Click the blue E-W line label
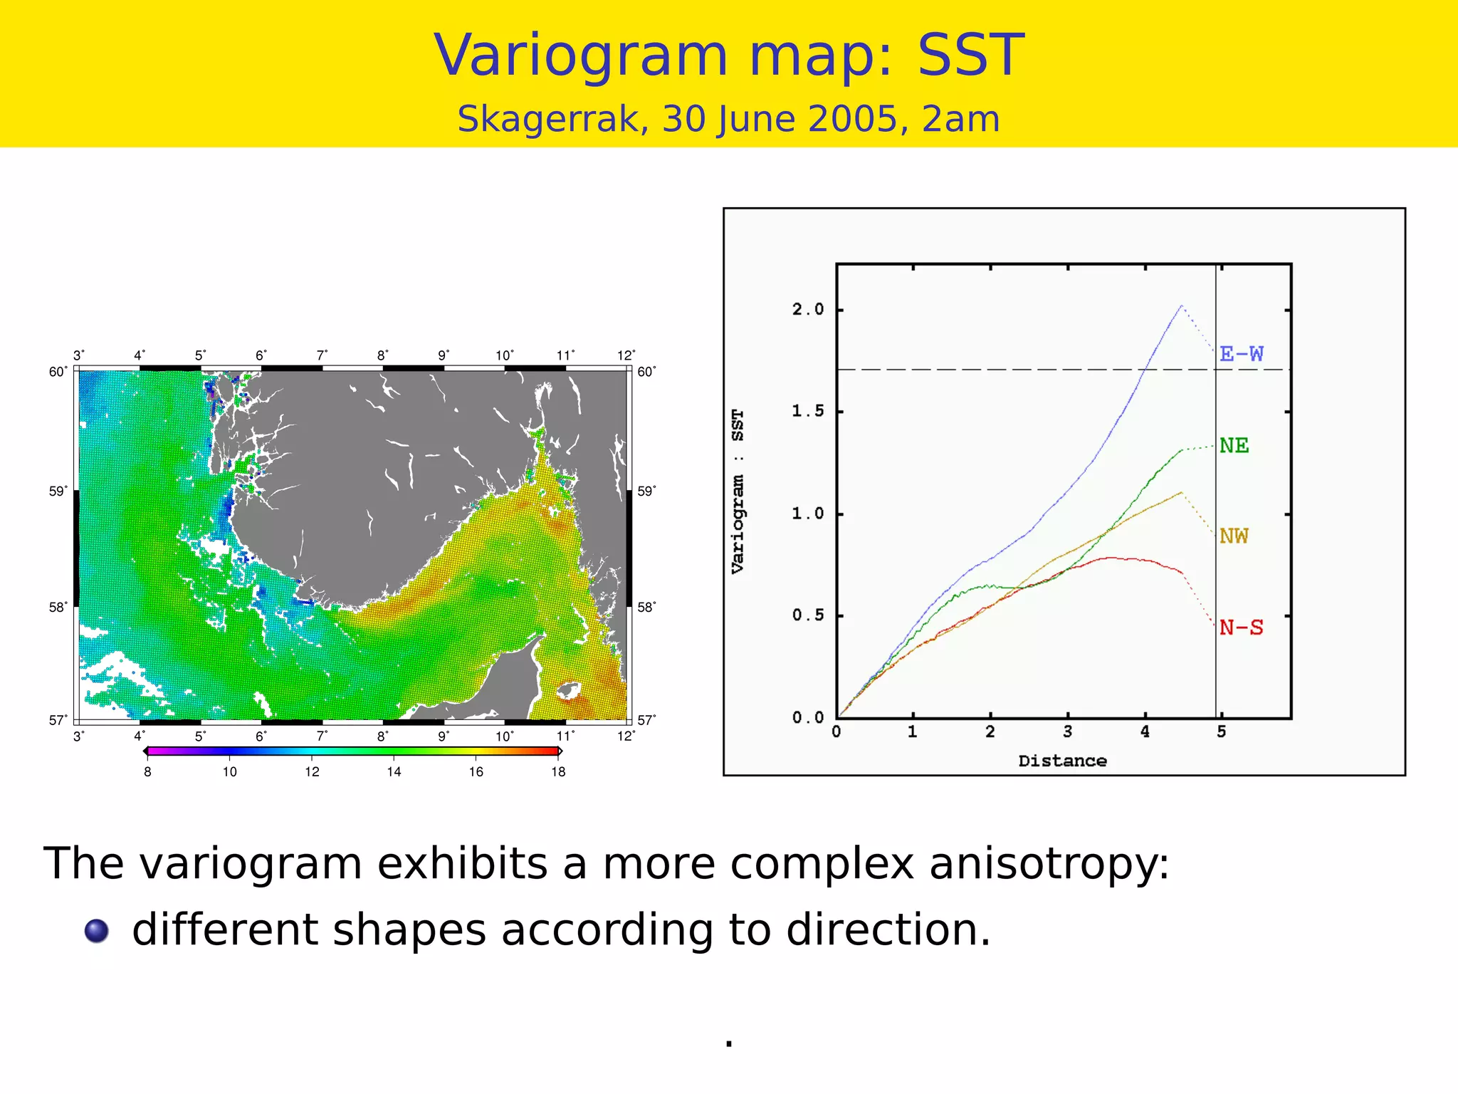(x=1241, y=354)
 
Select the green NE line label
(x=1234, y=446)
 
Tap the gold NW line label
(x=1234, y=536)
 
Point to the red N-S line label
(x=1241, y=627)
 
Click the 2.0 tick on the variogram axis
(x=807, y=310)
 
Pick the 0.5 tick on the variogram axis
(x=807, y=615)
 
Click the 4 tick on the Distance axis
(x=1145, y=732)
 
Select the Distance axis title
(x=1062, y=761)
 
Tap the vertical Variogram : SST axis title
(x=738, y=491)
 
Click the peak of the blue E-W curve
(x=1181, y=306)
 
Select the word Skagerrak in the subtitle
(x=552, y=119)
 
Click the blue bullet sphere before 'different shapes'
(x=97, y=931)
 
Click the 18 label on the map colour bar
(x=558, y=772)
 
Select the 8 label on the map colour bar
(x=147, y=772)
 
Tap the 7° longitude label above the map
(x=322, y=355)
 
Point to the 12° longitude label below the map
(x=626, y=736)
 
